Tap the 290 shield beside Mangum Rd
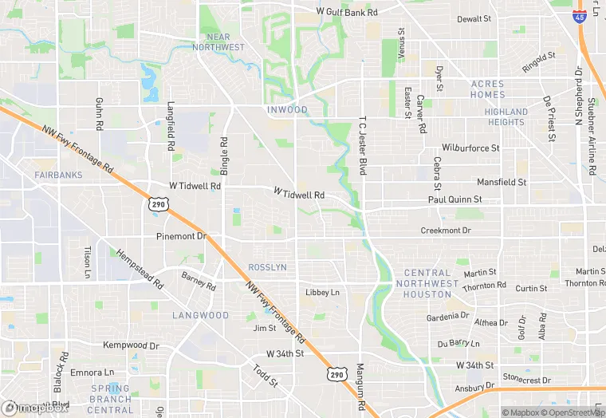337,373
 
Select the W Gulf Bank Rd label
346,12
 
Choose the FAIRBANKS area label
58,175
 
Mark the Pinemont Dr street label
181,237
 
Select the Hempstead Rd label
140,269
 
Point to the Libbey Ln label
322,293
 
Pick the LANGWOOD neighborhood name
200,316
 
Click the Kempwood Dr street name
131,345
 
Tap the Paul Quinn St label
454,199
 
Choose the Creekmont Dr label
446,231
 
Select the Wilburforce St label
470,148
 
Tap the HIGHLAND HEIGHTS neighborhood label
506,117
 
